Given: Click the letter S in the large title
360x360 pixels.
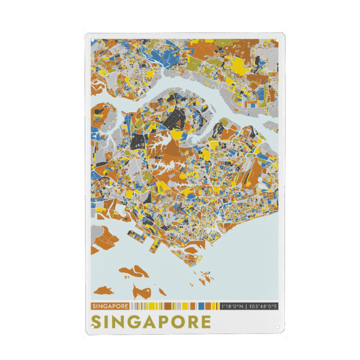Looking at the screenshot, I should coord(97,322).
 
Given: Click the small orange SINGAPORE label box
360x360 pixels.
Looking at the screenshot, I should coord(110,306).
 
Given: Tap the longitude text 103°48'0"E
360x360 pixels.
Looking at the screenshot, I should coord(263,306).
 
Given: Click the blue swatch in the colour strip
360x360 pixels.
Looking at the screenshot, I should coord(202,306).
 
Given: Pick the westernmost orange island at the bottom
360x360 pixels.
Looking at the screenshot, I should coord(104,291).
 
